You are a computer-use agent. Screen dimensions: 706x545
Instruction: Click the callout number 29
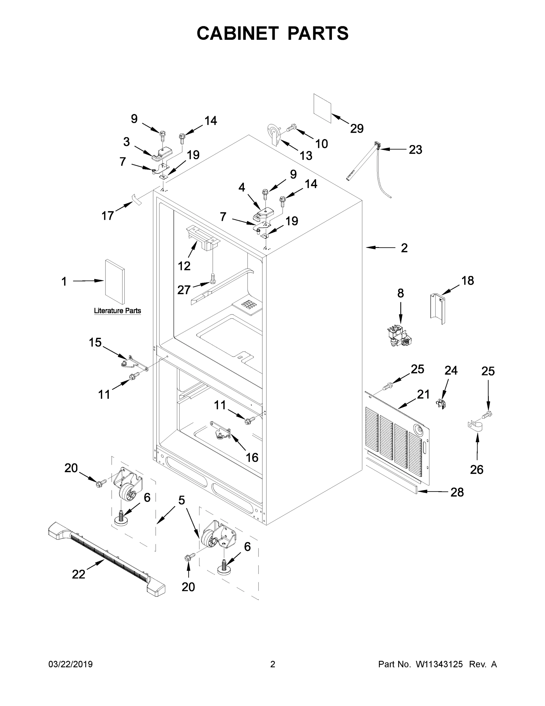point(357,129)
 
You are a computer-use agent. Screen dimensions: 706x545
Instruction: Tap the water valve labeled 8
point(400,337)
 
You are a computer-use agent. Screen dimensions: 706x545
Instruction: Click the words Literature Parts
point(117,311)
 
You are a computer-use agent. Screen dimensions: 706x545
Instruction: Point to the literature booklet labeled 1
point(114,282)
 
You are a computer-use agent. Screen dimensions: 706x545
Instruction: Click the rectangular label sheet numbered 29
point(322,109)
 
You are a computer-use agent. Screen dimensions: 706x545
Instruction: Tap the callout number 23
point(415,150)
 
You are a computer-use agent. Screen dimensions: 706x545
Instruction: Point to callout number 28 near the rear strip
point(457,492)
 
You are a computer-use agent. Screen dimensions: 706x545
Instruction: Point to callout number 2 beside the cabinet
point(404,248)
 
